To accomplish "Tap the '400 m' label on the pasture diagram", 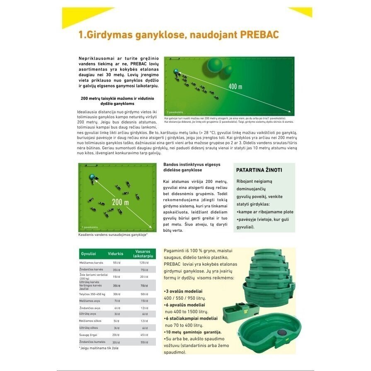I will click(x=235, y=86).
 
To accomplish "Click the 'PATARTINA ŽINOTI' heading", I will click(x=259, y=170).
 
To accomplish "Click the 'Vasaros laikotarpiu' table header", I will click(x=144, y=254).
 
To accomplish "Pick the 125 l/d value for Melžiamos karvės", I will click(x=144, y=263).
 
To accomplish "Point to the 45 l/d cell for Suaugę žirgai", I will click(x=144, y=335).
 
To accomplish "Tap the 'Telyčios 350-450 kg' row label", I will click(x=92, y=294).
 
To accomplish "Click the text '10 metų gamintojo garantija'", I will click(x=194, y=332).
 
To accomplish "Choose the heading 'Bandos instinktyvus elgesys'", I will click(x=192, y=164).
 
